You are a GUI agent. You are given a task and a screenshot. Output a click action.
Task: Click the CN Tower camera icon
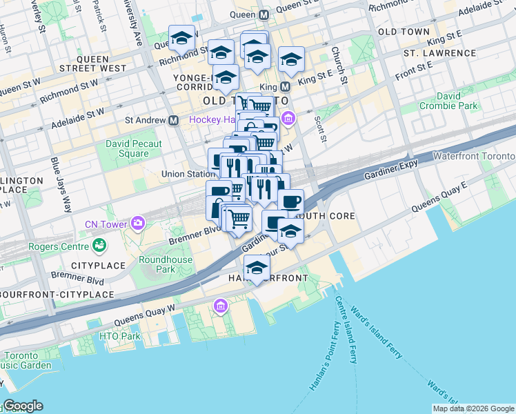click(x=138, y=223)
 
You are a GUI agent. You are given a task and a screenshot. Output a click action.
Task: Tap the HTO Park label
click(x=119, y=336)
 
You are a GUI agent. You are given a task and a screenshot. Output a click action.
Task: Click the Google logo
click(x=22, y=406)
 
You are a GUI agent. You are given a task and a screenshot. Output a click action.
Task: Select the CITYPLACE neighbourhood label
click(x=97, y=266)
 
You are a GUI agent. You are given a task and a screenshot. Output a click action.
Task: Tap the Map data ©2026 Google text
click(x=474, y=408)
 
